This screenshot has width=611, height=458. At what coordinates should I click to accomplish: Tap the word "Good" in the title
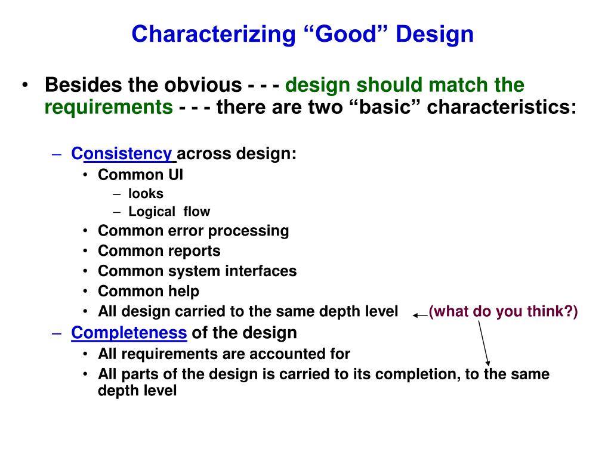345,34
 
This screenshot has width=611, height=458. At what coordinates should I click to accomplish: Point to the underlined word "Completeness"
129,333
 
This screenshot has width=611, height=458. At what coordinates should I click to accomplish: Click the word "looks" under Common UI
146,194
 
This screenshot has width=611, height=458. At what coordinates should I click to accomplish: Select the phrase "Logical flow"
169,212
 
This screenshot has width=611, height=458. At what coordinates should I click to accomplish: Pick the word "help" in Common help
184,291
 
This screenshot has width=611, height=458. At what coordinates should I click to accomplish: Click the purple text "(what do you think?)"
503,311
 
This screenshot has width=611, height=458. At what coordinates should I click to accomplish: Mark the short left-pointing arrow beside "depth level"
421,315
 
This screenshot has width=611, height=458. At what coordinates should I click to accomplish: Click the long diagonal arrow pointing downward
483,343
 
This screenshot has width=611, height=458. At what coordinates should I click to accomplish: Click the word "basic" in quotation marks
385,107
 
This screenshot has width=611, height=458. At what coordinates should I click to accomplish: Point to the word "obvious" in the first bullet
203,85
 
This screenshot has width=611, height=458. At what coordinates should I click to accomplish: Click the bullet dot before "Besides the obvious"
25,85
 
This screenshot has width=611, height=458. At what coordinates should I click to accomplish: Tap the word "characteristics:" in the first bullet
501,107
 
